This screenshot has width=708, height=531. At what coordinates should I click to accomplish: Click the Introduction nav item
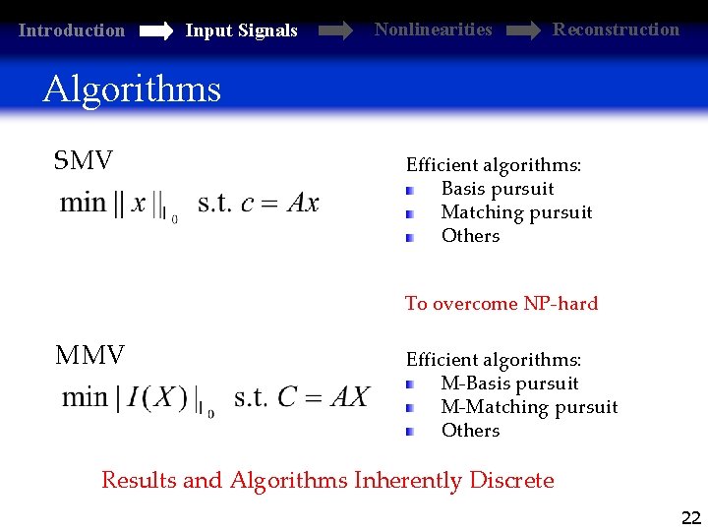pos(72,30)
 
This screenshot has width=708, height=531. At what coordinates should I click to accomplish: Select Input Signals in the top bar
pos(241,30)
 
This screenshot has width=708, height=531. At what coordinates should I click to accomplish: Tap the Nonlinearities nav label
pos(433,29)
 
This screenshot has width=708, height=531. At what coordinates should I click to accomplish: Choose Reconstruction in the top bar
pos(616,29)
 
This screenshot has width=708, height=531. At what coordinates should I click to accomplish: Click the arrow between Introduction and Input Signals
pos(155,31)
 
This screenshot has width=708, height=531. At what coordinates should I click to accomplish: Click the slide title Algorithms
pos(132,89)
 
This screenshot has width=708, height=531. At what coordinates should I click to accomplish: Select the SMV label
pos(84,160)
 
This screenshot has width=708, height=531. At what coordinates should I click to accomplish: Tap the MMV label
pos(90,355)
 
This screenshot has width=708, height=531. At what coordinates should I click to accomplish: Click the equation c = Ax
pos(280,204)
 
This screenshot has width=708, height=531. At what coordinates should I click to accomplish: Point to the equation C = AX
pos(324,397)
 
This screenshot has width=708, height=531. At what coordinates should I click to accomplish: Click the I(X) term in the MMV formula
pos(157,398)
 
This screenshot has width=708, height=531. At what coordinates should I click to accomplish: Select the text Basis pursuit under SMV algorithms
pos(498,189)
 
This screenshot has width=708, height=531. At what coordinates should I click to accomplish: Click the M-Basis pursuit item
pos(509,383)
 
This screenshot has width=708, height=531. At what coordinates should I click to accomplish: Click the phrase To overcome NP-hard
pos(501,304)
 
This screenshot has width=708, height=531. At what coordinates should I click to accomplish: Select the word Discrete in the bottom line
pos(511,481)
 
